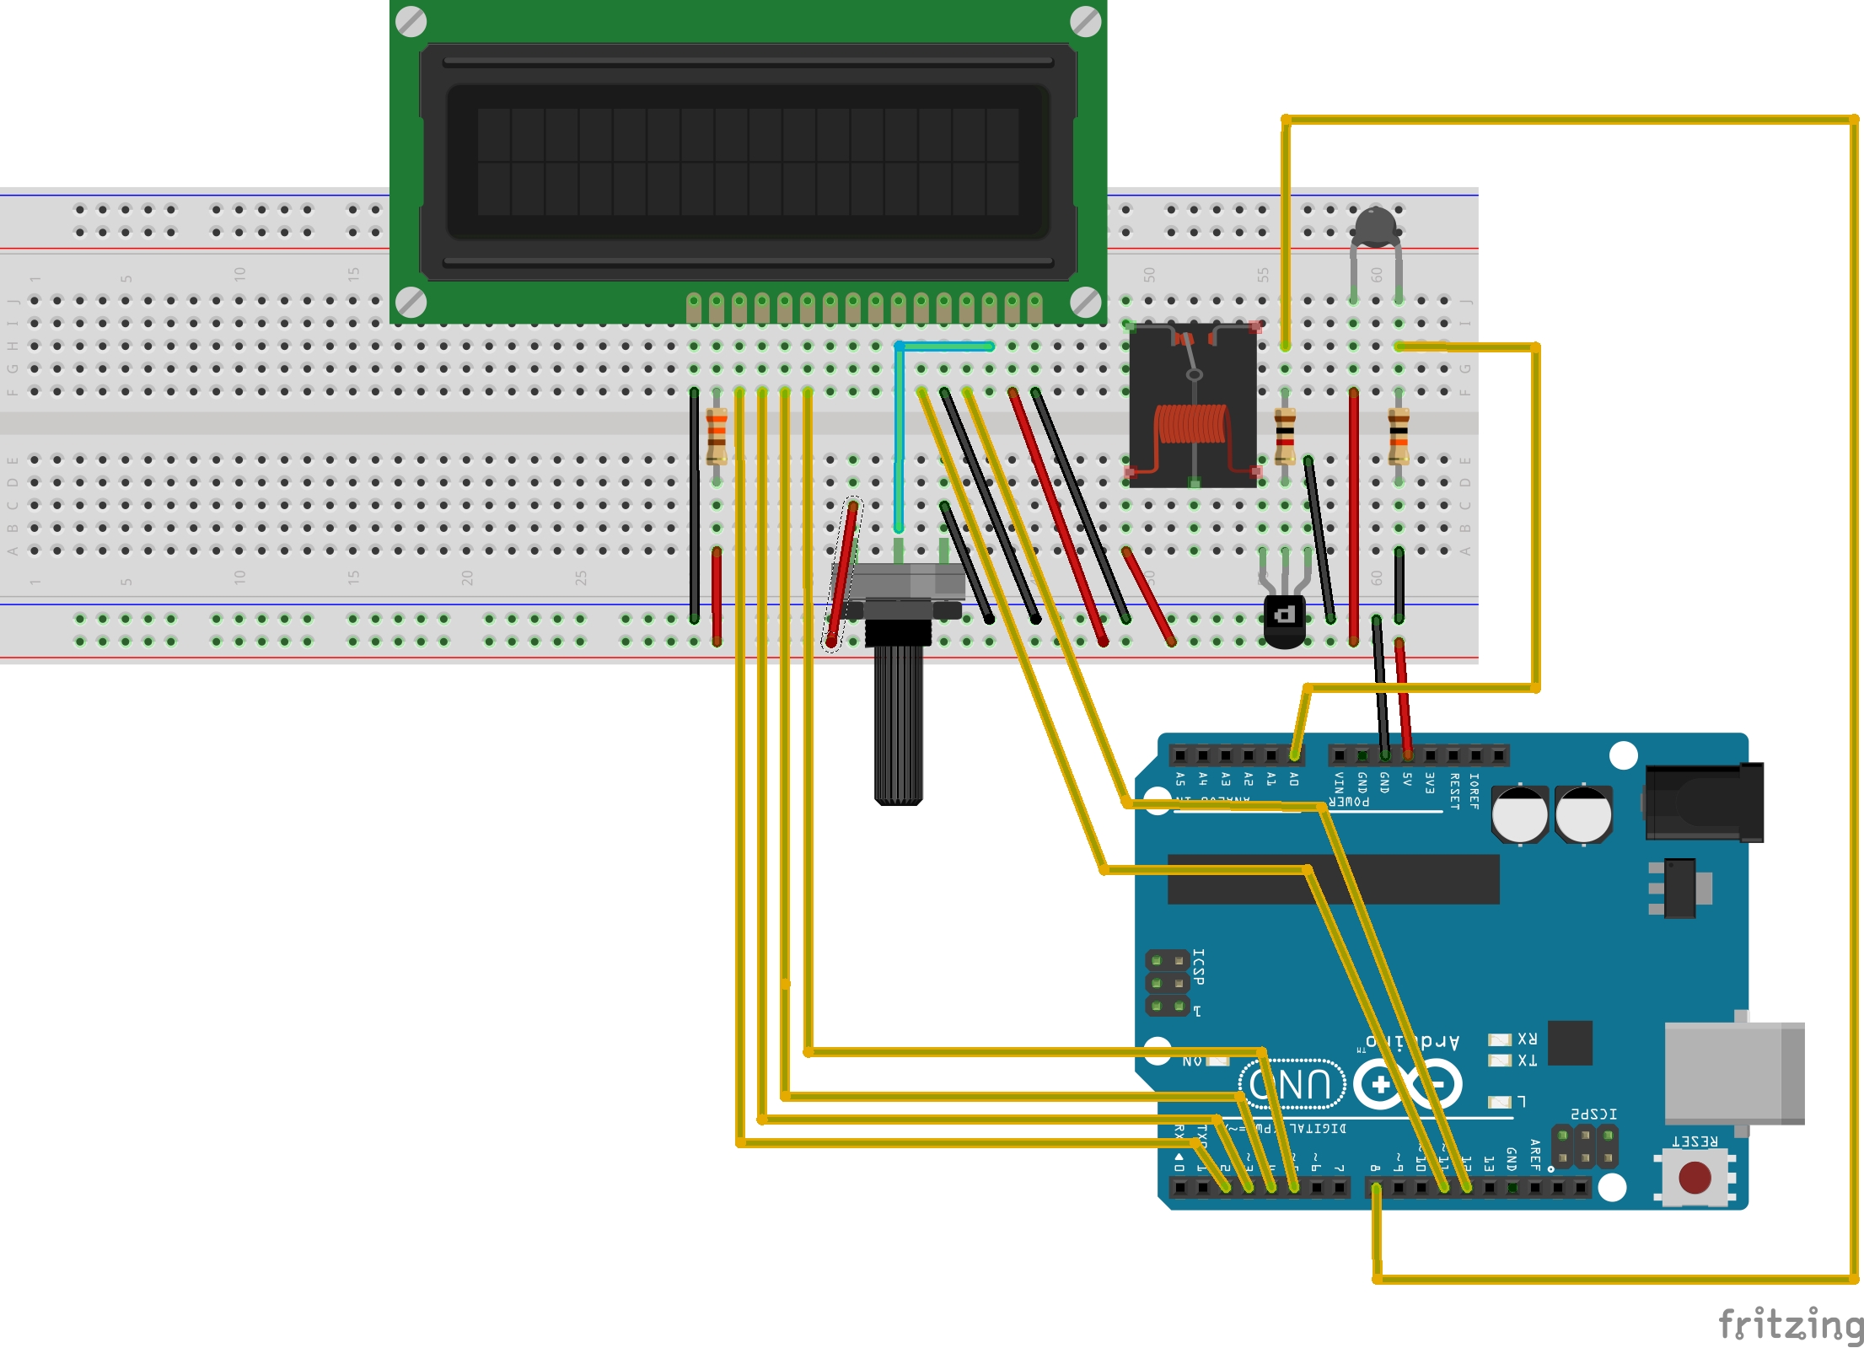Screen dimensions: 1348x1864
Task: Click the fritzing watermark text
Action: click(x=1789, y=1324)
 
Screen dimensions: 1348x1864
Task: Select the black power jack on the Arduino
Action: click(x=1703, y=802)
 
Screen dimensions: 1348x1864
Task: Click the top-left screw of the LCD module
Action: click(x=411, y=22)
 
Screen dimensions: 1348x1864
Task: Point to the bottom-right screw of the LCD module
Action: click(x=1085, y=302)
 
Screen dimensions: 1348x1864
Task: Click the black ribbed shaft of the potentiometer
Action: click(x=899, y=725)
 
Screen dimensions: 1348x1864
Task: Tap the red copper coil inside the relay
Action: click(x=1192, y=423)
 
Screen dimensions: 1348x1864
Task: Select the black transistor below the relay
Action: click(x=1284, y=620)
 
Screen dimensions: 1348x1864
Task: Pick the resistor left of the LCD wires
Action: click(x=717, y=436)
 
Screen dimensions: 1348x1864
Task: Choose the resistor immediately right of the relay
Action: click(x=1285, y=436)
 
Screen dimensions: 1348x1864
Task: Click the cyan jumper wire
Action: click(x=899, y=422)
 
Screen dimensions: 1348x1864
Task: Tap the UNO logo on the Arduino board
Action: click(x=1291, y=1084)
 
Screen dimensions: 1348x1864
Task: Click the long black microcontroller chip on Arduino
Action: click(x=1332, y=878)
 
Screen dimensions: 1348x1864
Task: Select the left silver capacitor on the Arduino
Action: click(x=1519, y=814)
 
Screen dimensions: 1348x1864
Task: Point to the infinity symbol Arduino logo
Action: click(x=1407, y=1084)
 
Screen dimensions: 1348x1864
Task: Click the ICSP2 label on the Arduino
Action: click(x=1593, y=1114)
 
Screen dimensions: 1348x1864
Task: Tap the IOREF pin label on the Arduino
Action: click(x=1474, y=791)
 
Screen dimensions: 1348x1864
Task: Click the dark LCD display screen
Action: click(x=748, y=161)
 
